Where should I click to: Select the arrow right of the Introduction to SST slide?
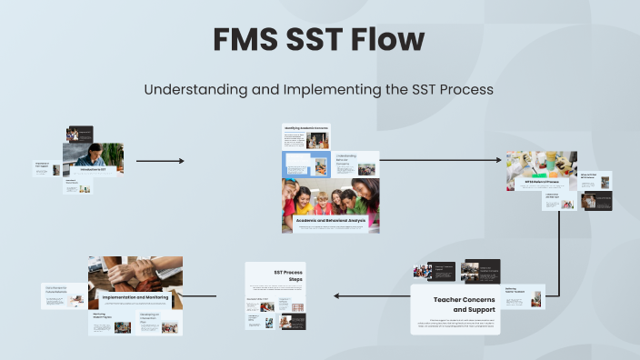click(160, 161)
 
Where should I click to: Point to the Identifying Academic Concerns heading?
click(305, 128)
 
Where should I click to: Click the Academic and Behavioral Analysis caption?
click(331, 221)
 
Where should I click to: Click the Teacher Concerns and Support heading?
click(459, 303)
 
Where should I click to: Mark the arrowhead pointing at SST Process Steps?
click(337, 295)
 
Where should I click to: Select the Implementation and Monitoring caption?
click(135, 297)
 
